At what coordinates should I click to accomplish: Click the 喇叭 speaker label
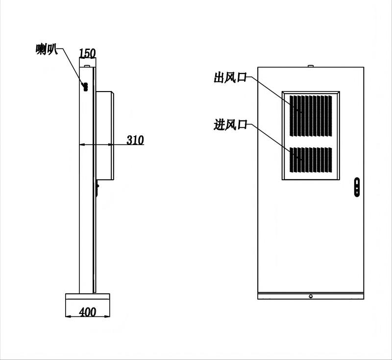coord(47,49)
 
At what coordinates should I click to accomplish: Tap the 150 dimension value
coord(87,53)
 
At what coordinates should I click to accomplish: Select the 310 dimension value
coord(135,140)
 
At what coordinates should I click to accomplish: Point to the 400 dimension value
coord(88,312)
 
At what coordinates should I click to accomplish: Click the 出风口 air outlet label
coord(230,77)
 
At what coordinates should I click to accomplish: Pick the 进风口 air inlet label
coord(230,124)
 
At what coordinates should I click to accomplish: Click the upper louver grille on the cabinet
coord(311,116)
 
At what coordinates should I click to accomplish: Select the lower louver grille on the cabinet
coord(311,160)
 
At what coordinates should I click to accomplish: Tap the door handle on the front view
coord(357,187)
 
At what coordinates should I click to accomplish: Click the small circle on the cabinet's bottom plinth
coord(311,296)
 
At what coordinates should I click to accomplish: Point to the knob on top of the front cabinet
coord(311,66)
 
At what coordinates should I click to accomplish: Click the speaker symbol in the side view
coord(85,87)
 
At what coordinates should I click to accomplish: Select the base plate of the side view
coord(88,296)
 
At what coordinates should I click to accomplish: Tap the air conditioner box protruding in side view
coord(105,136)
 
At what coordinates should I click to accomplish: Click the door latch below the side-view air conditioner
coord(97,188)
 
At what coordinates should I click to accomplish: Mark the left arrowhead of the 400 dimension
coord(68,316)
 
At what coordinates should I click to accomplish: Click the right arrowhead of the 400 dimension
coord(107,316)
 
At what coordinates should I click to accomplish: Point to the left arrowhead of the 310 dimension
coord(82,144)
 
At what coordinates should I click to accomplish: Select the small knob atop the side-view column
coord(87,66)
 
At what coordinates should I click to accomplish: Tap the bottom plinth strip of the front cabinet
coord(311,296)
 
